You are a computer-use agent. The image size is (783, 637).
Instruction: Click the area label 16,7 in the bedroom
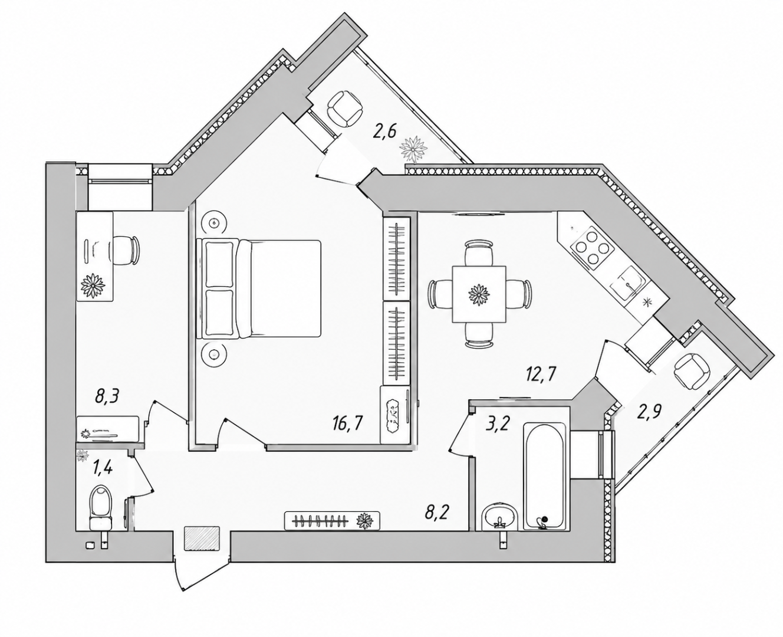[347, 424]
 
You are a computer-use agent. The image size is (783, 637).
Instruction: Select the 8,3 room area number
[107, 398]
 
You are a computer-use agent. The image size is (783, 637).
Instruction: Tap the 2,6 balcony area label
[384, 131]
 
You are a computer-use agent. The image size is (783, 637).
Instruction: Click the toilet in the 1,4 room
[100, 508]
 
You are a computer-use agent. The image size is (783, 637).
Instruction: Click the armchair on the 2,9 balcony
[692, 372]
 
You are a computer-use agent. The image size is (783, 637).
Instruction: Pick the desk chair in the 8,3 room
[125, 250]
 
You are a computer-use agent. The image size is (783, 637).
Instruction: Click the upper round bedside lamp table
[214, 222]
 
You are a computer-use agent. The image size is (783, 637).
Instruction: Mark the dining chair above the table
[479, 252]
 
